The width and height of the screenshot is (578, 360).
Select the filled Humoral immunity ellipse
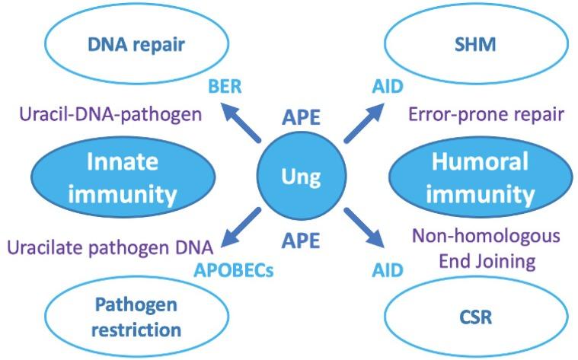pyautogui.click(x=479, y=178)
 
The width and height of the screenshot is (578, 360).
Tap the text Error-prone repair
pyautogui.click(x=486, y=115)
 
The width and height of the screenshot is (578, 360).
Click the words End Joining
pyautogui.click(x=487, y=261)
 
